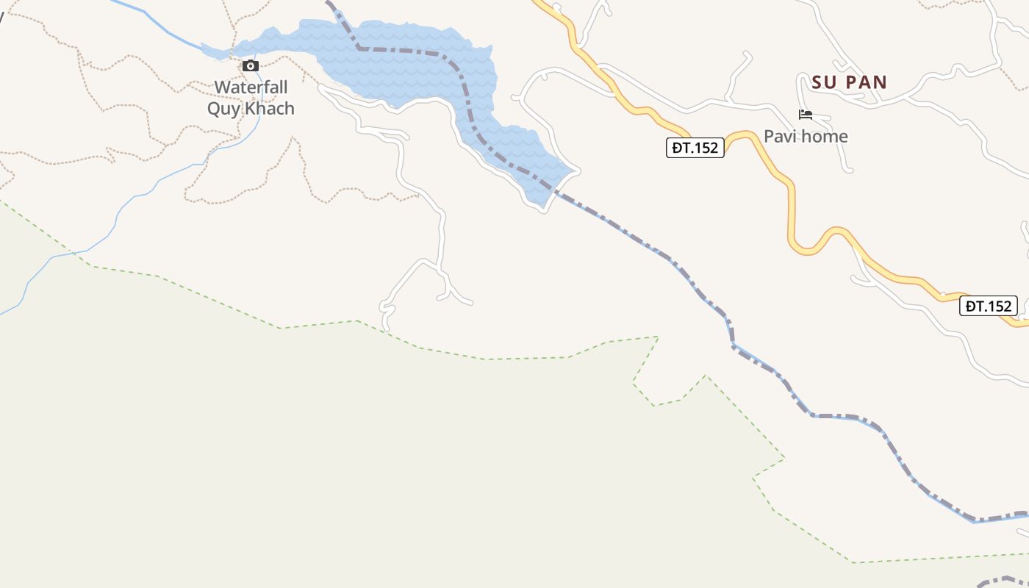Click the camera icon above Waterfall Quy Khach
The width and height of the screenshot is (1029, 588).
(251, 66)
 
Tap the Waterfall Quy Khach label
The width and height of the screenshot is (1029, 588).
(251, 98)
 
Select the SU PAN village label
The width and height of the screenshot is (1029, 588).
(850, 82)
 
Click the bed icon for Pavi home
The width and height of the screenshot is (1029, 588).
(806, 115)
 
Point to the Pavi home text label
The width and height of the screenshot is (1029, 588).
(806, 136)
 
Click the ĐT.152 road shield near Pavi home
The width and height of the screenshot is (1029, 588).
(695, 148)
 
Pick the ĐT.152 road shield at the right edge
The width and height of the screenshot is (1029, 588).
(989, 306)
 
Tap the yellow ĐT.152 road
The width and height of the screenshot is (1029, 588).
(792, 213)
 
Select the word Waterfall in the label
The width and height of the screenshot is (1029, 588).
(251, 87)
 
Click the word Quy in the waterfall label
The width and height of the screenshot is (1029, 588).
(223, 109)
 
